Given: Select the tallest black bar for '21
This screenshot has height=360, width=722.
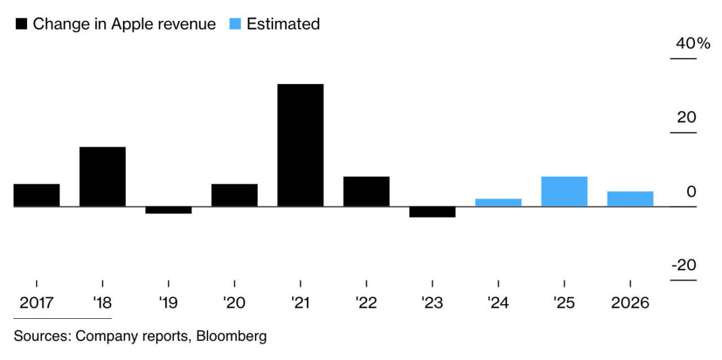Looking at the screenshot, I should tap(300, 145).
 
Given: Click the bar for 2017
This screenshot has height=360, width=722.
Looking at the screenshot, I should tap(37, 195).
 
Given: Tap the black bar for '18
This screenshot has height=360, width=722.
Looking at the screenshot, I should tap(103, 176).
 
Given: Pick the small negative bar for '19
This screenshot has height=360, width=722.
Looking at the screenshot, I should tap(168, 210).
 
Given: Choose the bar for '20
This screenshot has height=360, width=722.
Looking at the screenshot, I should tap(235, 195).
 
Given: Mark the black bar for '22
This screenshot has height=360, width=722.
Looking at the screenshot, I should tap(367, 191).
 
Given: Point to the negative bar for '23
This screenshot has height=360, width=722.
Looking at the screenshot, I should tap(432, 212).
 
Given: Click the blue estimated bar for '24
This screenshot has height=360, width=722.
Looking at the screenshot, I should tap(499, 202).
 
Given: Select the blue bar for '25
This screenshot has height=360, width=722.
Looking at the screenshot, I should tap(564, 191).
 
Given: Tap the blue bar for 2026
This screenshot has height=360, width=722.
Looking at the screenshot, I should tap(630, 198).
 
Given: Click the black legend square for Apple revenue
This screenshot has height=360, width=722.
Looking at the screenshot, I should tap(21, 25).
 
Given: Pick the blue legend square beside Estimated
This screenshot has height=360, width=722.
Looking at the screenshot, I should tap(235, 25).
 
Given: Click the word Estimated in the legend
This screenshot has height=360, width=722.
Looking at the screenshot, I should tap(283, 25).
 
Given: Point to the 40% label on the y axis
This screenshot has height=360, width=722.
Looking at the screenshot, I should tap(693, 44).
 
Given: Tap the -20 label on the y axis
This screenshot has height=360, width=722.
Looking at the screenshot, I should tap(684, 266).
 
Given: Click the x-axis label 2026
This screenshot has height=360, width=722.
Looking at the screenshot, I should tap(630, 303).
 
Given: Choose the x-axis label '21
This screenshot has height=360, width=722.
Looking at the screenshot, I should tap(300, 303).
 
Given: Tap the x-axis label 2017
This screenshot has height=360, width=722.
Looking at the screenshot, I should tap(37, 303).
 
